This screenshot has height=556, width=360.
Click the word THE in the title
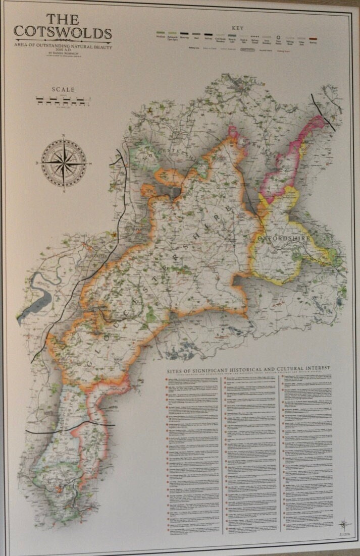[63, 20]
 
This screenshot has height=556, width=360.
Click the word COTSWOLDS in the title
[63, 33]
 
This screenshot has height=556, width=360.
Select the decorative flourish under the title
[63, 40]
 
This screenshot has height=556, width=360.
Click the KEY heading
[237, 29]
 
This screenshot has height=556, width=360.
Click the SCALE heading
[63, 90]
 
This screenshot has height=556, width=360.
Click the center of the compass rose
[64, 163]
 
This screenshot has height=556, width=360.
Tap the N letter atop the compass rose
[64, 135]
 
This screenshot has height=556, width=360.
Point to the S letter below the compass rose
[64, 192]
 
